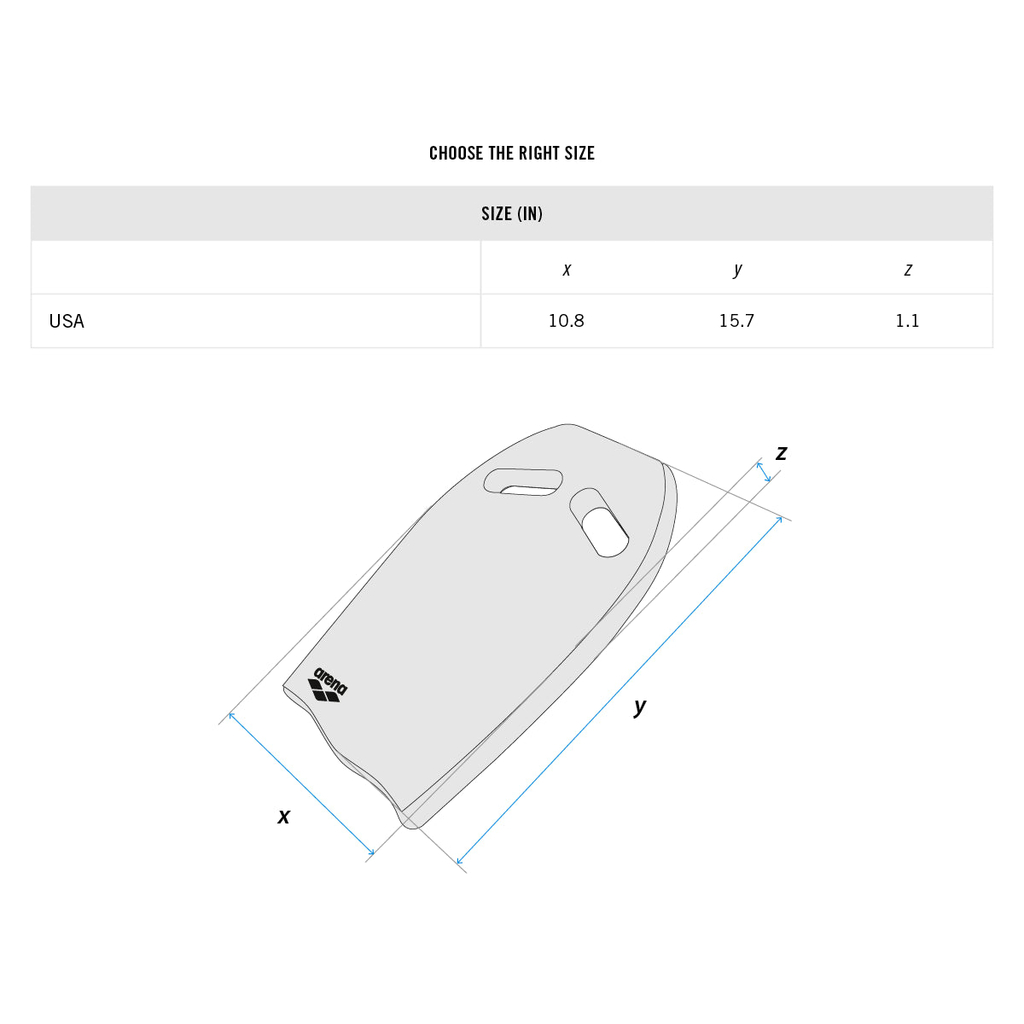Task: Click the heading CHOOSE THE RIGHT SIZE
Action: point(511,154)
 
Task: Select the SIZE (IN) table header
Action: point(511,213)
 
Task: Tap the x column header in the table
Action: point(567,270)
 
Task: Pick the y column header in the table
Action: point(737,270)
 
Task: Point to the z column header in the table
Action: point(907,270)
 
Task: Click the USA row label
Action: point(67,322)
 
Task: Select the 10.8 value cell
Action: point(567,321)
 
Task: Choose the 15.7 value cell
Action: point(736,321)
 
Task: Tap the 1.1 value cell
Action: point(907,321)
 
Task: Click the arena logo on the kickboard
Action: point(327,685)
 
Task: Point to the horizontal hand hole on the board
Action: point(523,482)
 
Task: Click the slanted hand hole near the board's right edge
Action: point(600,524)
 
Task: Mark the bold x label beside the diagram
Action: point(284,817)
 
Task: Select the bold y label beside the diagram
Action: point(640,707)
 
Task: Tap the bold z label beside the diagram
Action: point(781,453)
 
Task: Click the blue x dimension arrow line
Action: point(301,783)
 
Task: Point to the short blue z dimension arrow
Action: point(764,472)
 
